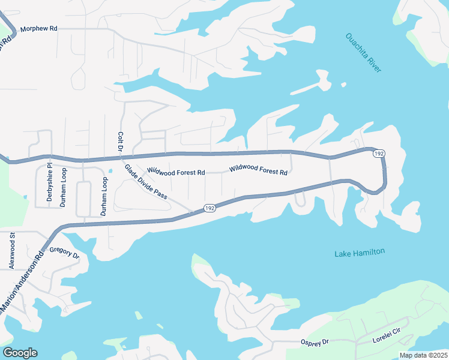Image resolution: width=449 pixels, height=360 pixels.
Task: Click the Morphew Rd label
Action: point(39,29)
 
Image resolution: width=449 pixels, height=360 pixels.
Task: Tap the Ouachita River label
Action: point(363,53)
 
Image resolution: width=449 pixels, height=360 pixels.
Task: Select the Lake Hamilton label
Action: point(359,253)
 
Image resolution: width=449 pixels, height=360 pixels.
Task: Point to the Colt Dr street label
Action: point(121,142)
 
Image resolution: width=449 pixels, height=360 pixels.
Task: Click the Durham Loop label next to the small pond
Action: point(104,196)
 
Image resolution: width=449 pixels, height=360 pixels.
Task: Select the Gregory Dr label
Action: point(64,253)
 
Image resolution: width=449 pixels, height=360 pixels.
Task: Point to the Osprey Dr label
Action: point(315,342)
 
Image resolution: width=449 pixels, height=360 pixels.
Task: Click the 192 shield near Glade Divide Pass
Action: point(209,208)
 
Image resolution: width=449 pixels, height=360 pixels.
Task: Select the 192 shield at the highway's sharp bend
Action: point(378,154)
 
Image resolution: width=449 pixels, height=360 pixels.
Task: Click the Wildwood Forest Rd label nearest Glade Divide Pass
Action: point(176,172)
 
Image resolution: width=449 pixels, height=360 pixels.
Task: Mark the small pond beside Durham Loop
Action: point(110,172)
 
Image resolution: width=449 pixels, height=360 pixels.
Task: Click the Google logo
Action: point(20,353)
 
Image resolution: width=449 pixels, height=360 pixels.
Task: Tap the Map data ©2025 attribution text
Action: point(423,355)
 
